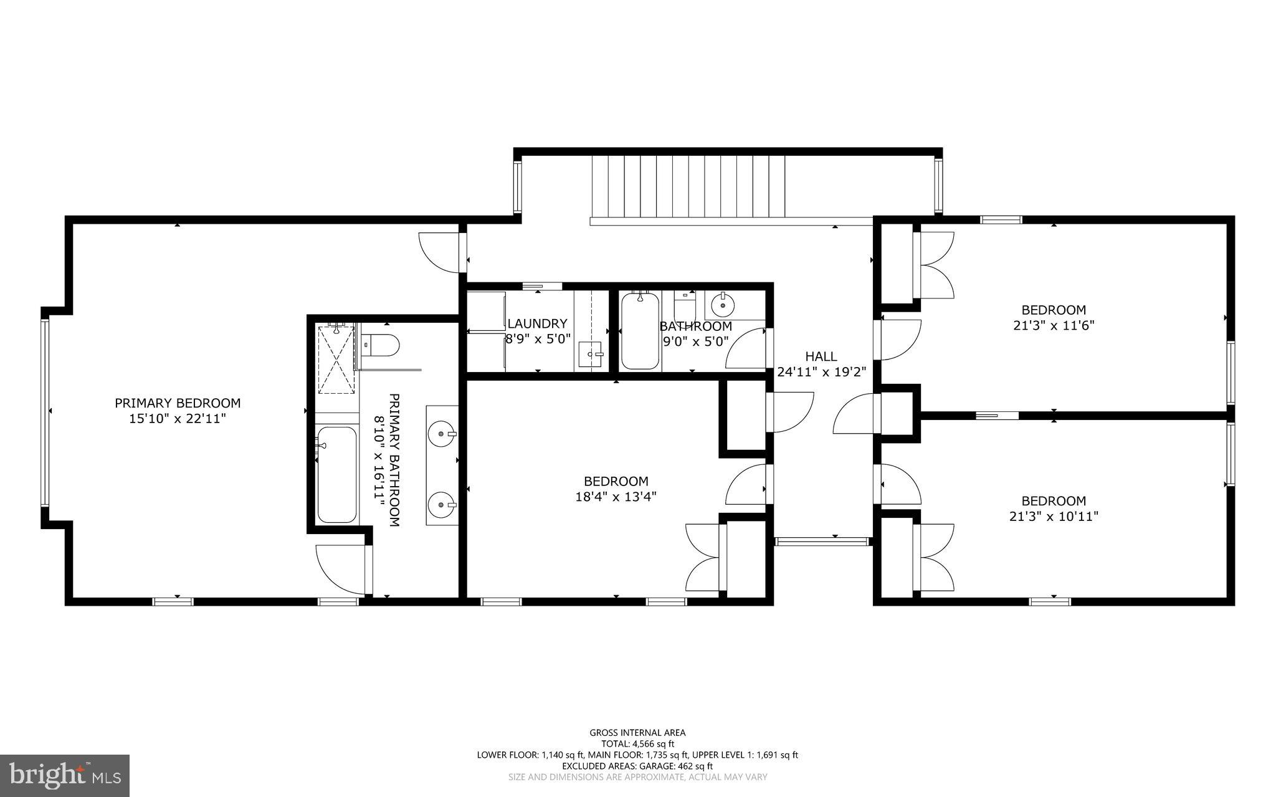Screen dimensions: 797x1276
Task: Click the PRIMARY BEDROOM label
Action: pos(178,403)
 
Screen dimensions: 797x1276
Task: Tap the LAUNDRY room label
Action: pos(537,323)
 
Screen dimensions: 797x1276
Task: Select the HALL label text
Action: pos(821,356)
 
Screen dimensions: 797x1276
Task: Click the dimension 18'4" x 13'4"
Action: pos(616,497)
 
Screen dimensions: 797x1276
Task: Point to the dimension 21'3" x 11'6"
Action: pos(1053,325)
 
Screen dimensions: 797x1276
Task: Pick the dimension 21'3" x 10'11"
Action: pos(1053,516)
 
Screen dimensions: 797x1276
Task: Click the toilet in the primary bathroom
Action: pos(380,345)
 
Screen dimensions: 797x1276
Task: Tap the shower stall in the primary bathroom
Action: pos(336,360)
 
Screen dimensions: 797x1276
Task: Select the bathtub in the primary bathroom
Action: pos(336,475)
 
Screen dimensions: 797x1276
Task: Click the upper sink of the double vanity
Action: pos(443,433)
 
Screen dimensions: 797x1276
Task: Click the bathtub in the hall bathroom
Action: pos(640,332)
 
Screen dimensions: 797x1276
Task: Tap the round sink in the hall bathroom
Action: pos(723,305)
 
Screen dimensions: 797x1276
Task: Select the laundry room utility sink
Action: pos(590,354)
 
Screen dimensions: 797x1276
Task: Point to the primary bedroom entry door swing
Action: pos(440,252)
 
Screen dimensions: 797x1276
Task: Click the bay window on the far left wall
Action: pos(45,411)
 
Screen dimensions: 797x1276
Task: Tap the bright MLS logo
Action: pos(65,775)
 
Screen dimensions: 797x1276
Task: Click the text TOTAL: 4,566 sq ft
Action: pos(637,743)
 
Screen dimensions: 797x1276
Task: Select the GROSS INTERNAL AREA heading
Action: pos(637,733)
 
